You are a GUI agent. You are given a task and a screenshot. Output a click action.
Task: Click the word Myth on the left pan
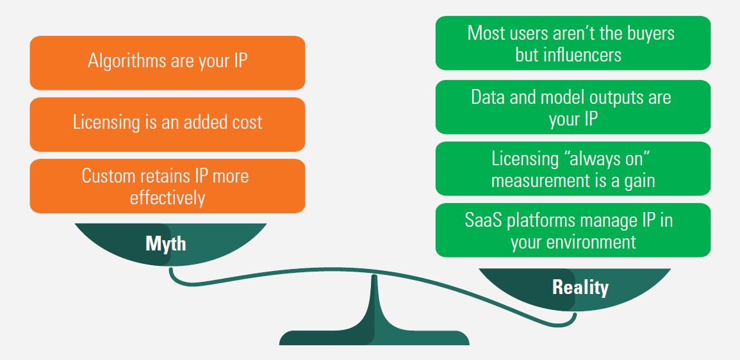(x=166, y=243)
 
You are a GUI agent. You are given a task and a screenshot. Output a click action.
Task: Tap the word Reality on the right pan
(x=580, y=288)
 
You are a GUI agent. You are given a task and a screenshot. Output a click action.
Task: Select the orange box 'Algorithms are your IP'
(x=167, y=63)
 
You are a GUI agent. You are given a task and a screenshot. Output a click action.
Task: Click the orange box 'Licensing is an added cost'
(x=167, y=124)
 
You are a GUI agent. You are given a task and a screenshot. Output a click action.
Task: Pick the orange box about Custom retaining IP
(x=167, y=186)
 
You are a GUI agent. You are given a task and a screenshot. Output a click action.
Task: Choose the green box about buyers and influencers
(x=573, y=43)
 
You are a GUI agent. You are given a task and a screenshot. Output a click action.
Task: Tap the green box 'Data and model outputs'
(x=573, y=107)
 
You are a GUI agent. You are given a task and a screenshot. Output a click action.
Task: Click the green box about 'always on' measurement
(x=573, y=168)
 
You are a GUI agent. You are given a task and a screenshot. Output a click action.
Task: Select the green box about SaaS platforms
(x=573, y=230)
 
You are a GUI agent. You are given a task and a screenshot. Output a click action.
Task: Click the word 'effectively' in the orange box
(x=167, y=197)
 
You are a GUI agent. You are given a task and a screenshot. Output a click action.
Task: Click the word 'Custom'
(x=108, y=176)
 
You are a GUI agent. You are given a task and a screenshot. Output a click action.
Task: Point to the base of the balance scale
(x=374, y=338)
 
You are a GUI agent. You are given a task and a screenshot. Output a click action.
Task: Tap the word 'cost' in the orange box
(x=247, y=123)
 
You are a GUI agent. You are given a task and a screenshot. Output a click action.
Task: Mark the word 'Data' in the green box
(x=488, y=97)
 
